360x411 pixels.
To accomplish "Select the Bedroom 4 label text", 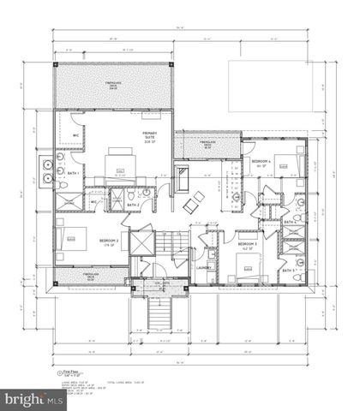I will click(x=261, y=162).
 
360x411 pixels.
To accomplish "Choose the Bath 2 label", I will click(x=133, y=205).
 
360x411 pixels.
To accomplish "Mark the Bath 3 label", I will click(x=289, y=271).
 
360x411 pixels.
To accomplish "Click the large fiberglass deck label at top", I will click(x=114, y=85).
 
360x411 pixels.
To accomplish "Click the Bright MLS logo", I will click(x=32, y=399).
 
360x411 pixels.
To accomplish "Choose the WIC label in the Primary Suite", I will click(x=75, y=135).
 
